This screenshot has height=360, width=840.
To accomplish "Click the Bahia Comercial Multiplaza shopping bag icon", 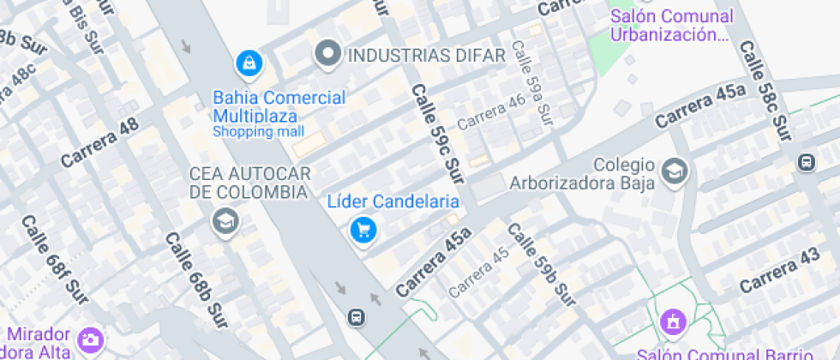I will tap(249, 63).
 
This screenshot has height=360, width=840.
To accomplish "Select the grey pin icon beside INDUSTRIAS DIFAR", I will tap(327, 56).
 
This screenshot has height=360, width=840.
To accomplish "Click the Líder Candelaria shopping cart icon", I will tap(364, 229).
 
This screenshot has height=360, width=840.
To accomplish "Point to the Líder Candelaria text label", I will tap(393, 202).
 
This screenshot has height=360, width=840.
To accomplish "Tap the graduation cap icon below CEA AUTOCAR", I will tap(226, 222).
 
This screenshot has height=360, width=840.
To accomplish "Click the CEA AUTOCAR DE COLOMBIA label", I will tap(249, 183).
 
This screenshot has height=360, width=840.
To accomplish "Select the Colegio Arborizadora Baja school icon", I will tap(675, 171).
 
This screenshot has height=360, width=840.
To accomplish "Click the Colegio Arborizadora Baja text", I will tap(583, 173).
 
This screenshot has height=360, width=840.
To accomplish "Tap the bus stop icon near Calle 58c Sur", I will tap(806, 162).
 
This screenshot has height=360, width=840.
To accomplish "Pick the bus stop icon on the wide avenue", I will tap(356, 317).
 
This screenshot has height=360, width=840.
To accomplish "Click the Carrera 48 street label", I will tap(99, 142).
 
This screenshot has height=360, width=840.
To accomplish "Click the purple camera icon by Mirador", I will tap(90, 340).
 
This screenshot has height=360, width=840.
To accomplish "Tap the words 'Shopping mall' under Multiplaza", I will tap(258, 132).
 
